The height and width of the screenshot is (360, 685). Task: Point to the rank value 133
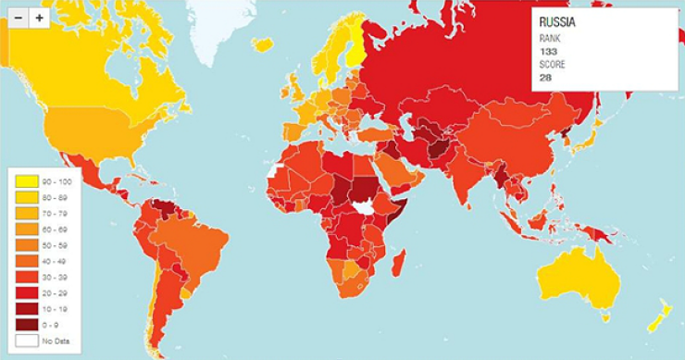[x=547, y=53]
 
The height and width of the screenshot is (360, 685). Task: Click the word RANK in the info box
[x=549, y=39]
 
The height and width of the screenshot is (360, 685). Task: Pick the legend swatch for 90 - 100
[x=25, y=180]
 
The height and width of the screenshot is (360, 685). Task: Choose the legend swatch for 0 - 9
[x=25, y=323]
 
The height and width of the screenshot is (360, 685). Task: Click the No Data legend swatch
[x=25, y=341]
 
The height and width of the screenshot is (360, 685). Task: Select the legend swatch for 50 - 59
[x=25, y=244]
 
